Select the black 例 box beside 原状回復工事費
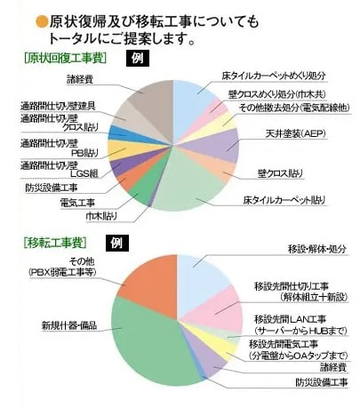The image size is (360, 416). (x=138, y=59)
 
